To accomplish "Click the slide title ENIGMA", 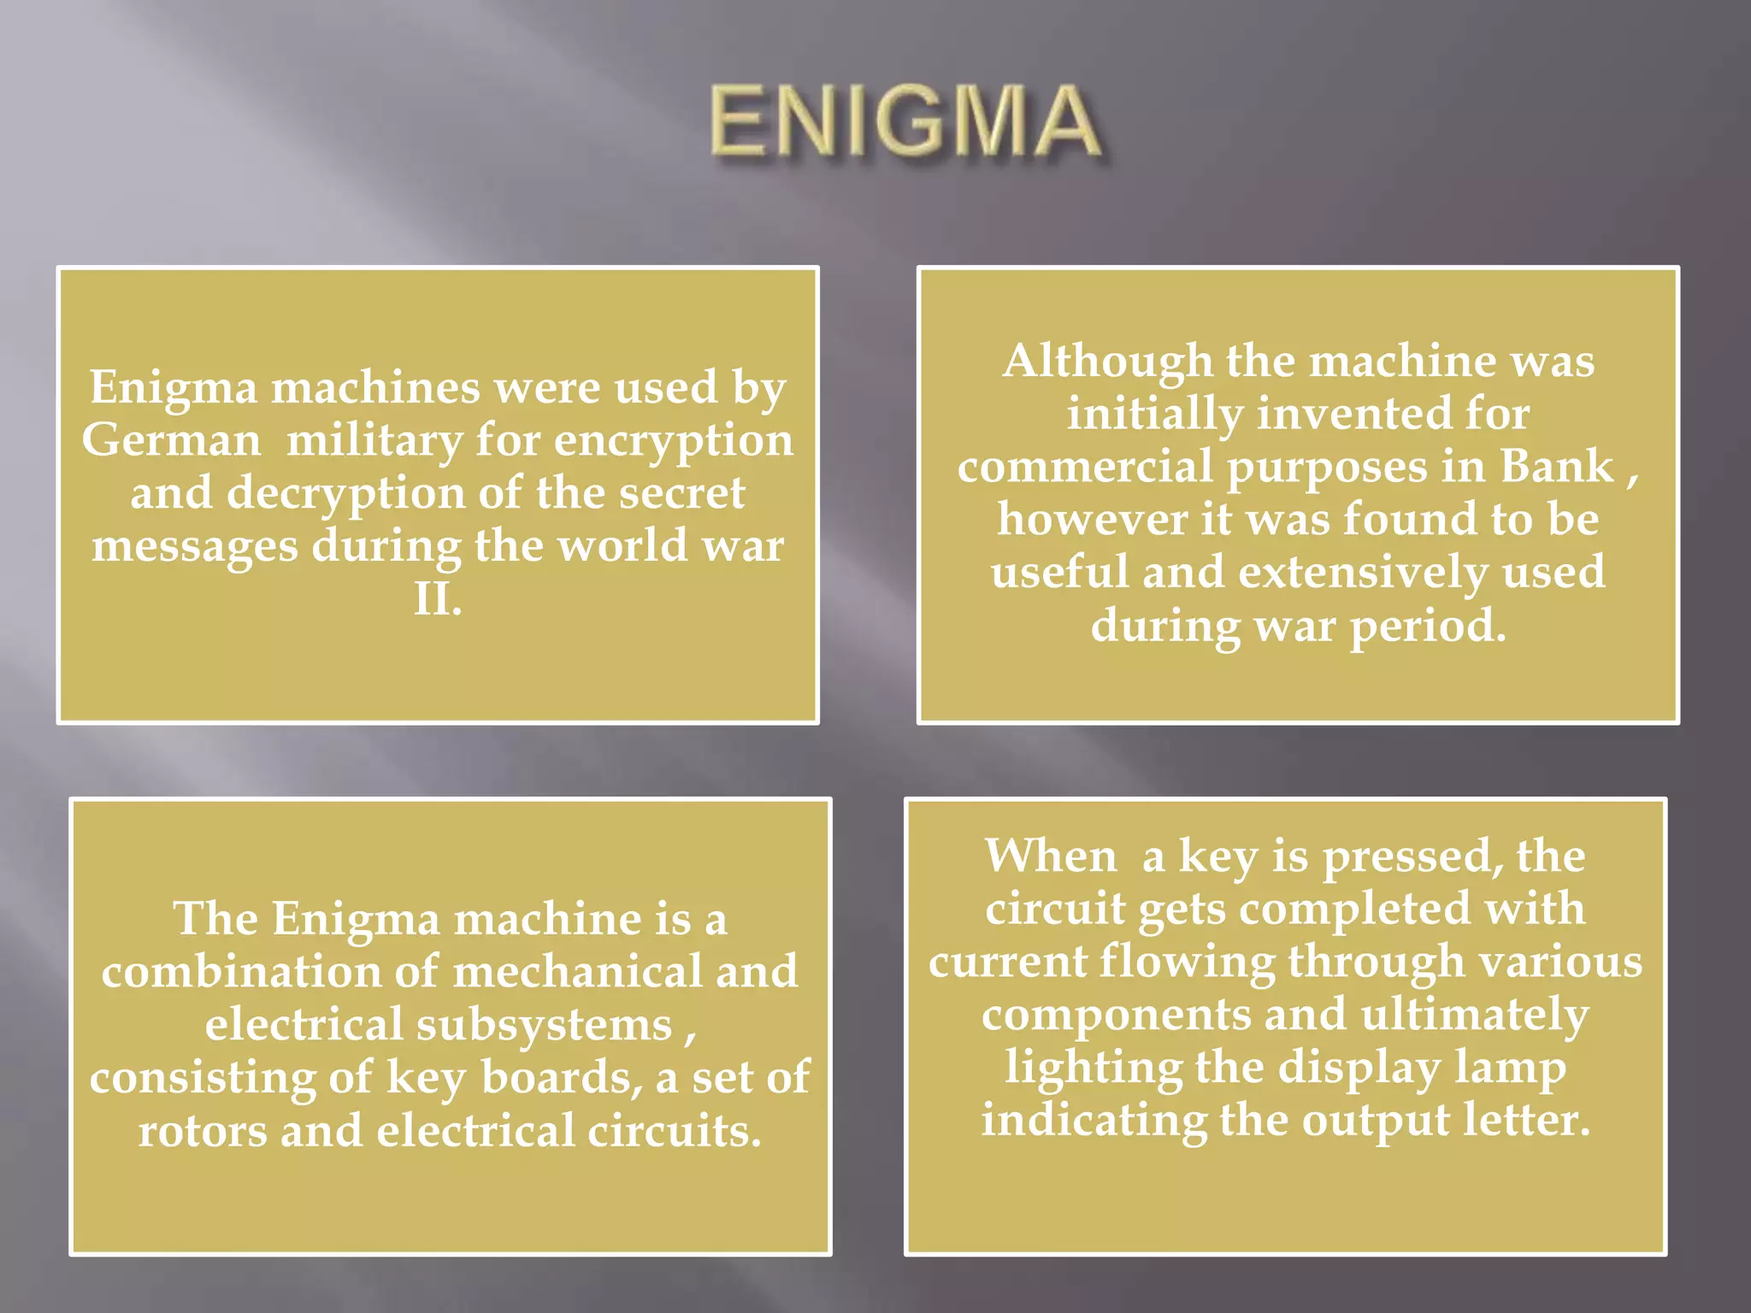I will [x=905, y=123].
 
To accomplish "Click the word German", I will [x=171, y=441].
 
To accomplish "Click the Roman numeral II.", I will [x=437, y=599].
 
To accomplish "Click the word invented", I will [x=1353, y=414].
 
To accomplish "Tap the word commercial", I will [x=1084, y=467].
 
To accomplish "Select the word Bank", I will [x=1556, y=467].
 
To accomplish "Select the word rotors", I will [x=203, y=1131].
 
